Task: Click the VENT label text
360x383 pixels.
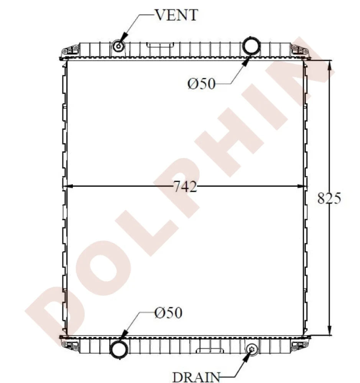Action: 176,15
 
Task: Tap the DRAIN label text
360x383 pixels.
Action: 196,376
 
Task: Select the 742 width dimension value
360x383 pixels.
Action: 185,187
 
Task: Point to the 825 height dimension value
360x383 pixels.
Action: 329,198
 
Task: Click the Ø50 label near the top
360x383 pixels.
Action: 202,83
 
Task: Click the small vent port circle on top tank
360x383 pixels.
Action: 118,46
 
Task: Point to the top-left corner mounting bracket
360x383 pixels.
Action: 70,50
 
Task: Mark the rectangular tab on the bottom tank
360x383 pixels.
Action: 210,350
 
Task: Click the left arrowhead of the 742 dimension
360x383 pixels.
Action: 69,187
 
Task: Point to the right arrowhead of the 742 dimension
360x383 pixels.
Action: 301,187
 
